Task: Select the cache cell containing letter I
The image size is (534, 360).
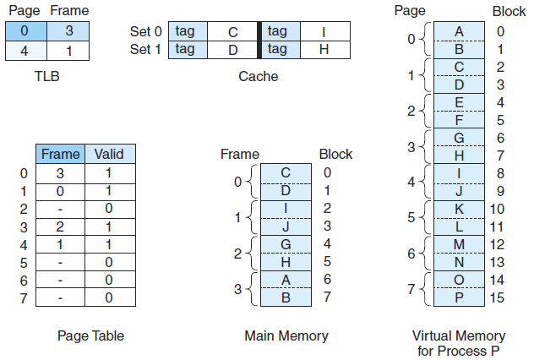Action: click(324, 31)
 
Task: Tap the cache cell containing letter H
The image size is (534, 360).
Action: click(324, 49)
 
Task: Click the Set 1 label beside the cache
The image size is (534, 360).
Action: click(145, 49)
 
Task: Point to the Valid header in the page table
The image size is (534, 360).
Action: click(109, 154)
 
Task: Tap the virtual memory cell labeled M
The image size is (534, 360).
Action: click(459, 244)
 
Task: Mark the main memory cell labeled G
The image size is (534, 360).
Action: click(286, 243)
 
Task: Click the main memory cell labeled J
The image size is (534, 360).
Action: click(286, 226)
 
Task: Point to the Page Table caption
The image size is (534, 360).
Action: click(90, 336)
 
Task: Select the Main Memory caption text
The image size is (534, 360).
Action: click(286, 336)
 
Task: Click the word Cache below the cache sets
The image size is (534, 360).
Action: click(258, 76)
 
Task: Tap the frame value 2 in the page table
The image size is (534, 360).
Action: click(60, 226)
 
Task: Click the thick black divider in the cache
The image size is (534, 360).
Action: click(260, 40)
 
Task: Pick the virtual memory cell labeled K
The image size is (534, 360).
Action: click(459, 209)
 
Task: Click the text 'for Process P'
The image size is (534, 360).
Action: click(459, 350)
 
